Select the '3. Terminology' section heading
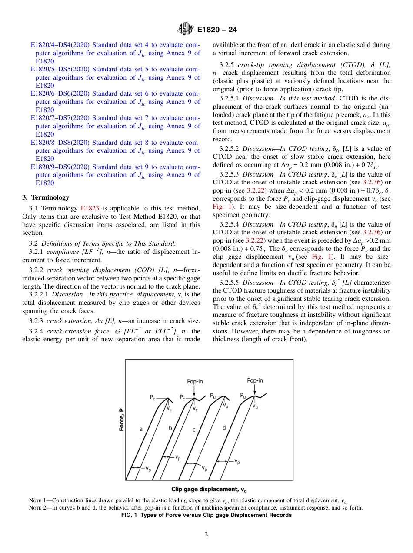46,197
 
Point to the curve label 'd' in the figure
224,428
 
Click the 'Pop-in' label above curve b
195,381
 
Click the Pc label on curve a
153,397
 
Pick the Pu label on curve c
213,396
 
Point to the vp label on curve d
237,461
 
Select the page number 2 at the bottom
206,534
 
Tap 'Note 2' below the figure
36,508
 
